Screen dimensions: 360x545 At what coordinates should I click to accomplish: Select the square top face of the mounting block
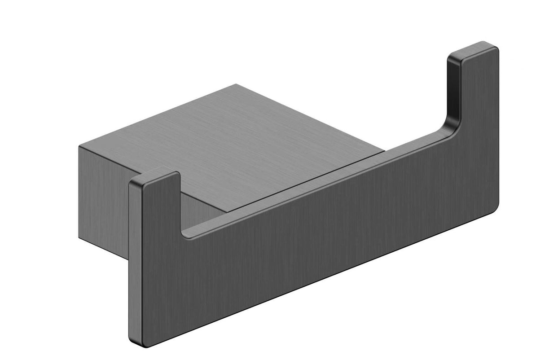coord(233,135)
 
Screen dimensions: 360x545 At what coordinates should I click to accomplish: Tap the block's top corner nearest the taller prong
coord(384,152)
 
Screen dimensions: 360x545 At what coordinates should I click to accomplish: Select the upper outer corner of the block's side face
coord(79,146)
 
